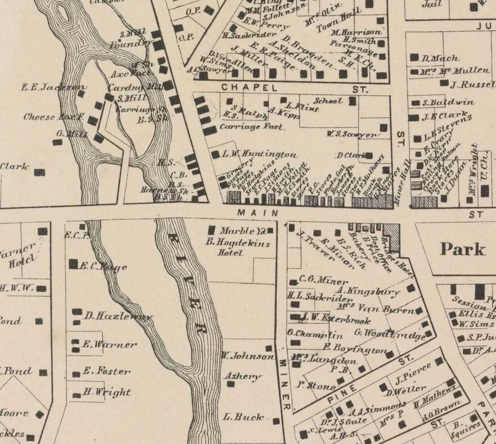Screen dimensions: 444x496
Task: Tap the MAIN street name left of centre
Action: click(x=258, y=213)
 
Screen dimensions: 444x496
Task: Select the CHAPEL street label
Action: click(x=249, y=87)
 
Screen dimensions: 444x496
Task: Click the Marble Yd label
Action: click(x=243, y=231)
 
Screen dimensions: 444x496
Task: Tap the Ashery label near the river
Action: click(x=243, y=376)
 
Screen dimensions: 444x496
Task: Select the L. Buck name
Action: click(x=244, y=417)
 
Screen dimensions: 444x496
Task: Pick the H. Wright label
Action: click(x=107, y=393)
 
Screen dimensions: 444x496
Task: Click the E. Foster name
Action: click(x=106, y=371)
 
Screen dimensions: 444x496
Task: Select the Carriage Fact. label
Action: click(x=252, y=127)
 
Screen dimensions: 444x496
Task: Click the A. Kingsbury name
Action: click(x=368, y=291)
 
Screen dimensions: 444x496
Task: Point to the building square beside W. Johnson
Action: click(x=268, y=348)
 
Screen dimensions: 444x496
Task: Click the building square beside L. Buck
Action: click(x=277, y=421)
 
